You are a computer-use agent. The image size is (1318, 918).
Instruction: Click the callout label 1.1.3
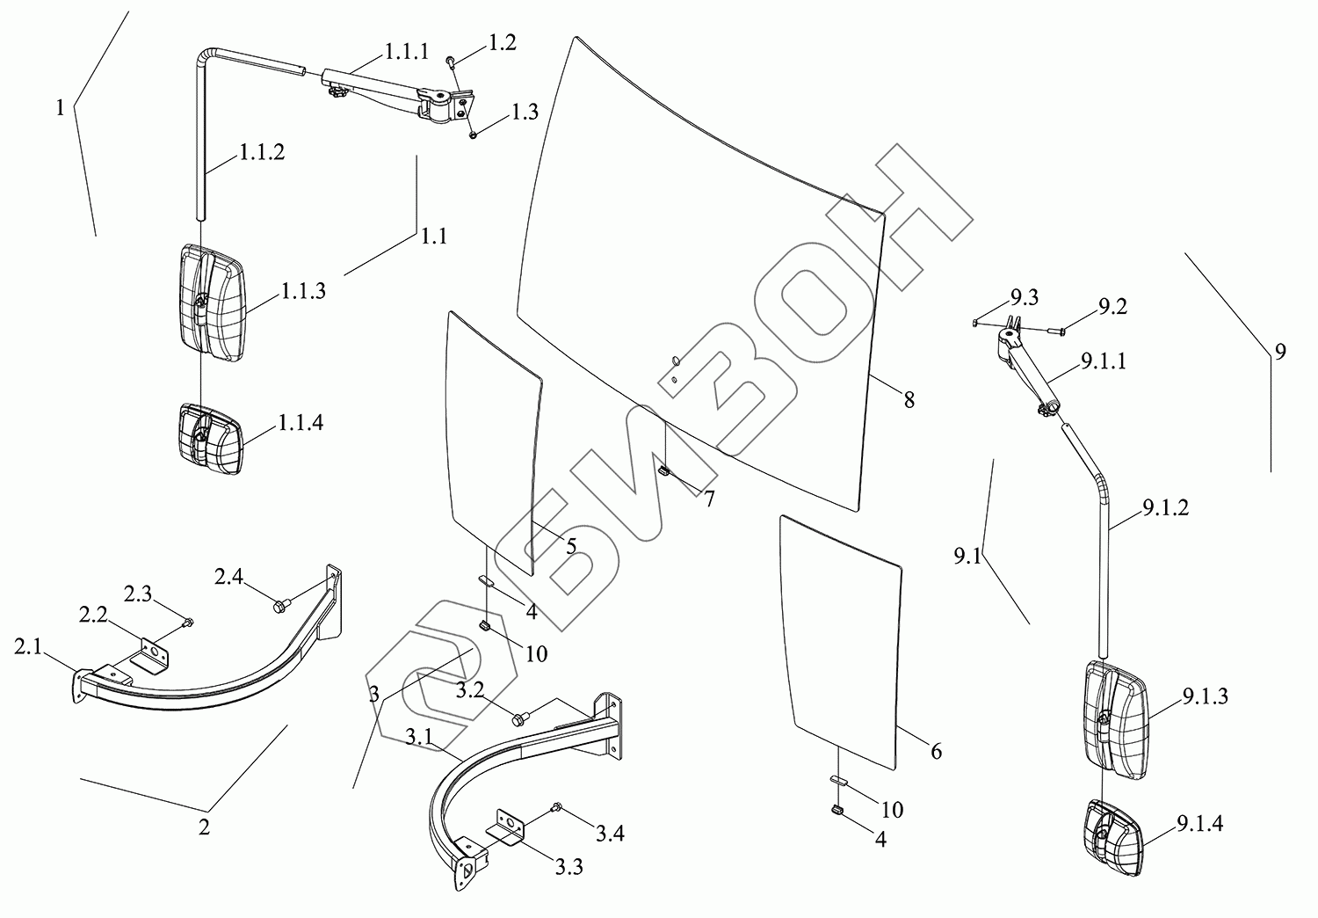pos(303,292)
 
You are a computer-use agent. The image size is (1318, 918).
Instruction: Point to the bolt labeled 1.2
pos(450,61)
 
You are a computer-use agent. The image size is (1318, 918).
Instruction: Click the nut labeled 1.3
pos(473,134)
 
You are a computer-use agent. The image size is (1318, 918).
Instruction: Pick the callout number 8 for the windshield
pos(909,400)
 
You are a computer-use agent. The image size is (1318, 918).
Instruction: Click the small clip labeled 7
pos(664,471)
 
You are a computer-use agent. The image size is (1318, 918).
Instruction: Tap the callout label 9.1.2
pos(1166,507)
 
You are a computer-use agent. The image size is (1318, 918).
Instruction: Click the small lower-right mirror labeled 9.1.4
pos(1113,836)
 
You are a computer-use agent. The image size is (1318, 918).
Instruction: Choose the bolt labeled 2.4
pos(281,605)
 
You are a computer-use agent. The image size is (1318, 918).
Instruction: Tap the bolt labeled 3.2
pos(518,719)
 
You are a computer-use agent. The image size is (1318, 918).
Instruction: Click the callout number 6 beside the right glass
pos(936,751)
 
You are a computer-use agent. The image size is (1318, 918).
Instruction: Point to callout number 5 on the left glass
pos(570,547)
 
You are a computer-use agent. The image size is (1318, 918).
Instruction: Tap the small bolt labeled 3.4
pos(555,806)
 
